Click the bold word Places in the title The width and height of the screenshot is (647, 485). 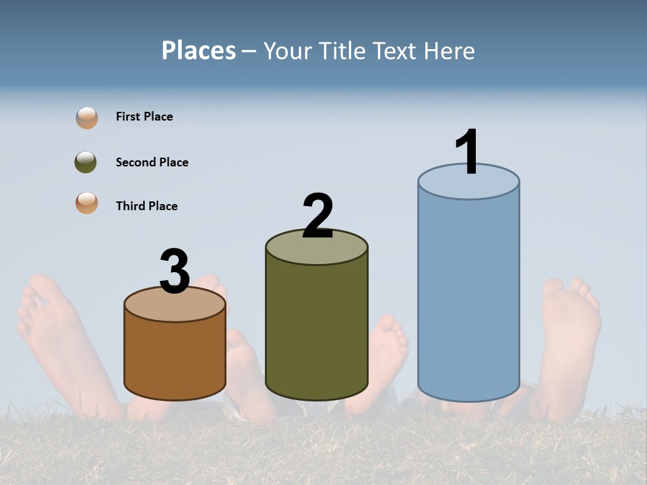199,51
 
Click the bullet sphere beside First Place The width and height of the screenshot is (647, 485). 87,117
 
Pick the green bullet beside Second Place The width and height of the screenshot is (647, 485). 86,162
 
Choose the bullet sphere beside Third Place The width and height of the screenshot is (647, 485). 87,203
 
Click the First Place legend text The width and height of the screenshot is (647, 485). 144,117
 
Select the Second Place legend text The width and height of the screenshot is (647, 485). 152,162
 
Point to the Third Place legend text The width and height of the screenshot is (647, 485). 146,206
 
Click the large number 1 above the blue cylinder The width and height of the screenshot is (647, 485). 468,152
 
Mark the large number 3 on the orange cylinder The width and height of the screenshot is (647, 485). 175,271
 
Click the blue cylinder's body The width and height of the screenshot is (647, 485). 468,296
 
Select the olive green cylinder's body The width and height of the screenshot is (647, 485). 317,323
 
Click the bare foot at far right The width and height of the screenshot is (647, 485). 569,337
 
